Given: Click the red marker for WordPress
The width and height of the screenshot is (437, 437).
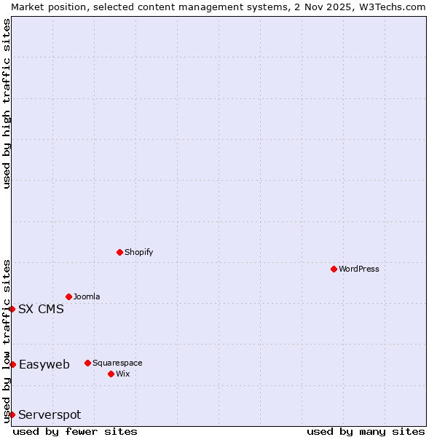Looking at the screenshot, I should (334, 269).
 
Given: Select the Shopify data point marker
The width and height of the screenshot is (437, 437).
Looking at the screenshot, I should (119, 252).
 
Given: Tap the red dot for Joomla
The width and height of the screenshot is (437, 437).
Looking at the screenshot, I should (68, 296).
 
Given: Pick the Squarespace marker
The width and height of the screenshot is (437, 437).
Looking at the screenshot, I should (87, 363).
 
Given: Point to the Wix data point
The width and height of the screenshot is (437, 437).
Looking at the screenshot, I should (111, 374).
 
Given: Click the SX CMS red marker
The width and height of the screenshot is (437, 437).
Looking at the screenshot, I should (12, 309).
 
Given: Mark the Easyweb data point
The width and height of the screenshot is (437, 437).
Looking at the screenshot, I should (12, 364).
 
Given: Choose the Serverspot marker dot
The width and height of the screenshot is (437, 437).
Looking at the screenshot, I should (12, 414).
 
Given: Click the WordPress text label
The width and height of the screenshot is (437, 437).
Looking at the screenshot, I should (359, 269).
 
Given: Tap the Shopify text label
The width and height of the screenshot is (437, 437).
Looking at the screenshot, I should (139, 252).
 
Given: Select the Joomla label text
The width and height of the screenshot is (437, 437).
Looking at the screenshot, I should (87, 296).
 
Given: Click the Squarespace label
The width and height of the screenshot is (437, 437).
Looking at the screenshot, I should (117, 363).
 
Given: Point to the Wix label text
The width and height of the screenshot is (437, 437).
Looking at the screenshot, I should (122, 374).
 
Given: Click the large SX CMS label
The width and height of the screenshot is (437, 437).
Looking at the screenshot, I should (41, 309).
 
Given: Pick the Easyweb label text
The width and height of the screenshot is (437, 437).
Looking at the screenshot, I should (44, 364).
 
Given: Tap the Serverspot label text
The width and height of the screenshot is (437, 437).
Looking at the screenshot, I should (50, 414).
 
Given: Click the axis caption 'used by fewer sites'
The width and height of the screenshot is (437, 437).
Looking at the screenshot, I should (75, 431).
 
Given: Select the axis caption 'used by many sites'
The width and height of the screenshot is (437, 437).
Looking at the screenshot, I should (366, 431).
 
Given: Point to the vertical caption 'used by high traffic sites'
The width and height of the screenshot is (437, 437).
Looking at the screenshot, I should (7, 103).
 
